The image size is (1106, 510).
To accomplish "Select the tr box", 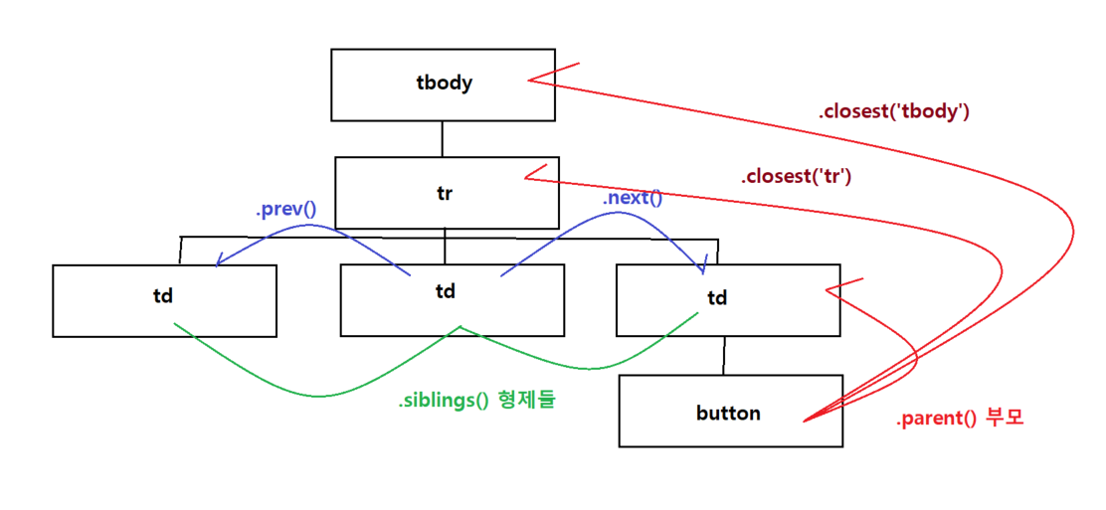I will coord(445,193).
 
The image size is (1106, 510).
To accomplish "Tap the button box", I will coord(730,412).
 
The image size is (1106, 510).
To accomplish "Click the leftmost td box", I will coord(164,300).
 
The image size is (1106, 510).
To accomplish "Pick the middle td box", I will coord(452,300).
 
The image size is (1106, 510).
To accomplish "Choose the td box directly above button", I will coord(727,298).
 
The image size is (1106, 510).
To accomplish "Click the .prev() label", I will coord(285,210).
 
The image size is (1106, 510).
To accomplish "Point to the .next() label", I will coord(632,198).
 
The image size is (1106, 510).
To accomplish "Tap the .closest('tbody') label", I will coord(893,111).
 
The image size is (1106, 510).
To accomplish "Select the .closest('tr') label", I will coord(796,178).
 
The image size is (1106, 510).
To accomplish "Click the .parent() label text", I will coord(936,420).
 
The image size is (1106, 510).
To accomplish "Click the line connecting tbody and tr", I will coord(443,139).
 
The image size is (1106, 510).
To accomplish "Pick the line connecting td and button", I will coord(725,356).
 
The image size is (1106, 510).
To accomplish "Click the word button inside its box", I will coord(728,413).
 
